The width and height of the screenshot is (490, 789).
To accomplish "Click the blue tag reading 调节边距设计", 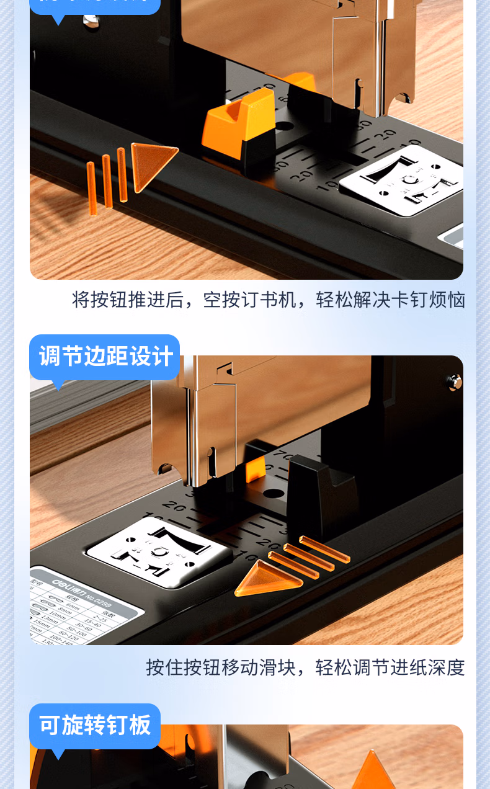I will (105, 357).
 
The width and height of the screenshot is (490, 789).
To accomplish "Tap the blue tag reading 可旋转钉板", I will (95, 725).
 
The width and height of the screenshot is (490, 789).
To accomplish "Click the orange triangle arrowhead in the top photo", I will (151, 163).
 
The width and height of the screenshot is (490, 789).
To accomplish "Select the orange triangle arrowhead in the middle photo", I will (265, 578).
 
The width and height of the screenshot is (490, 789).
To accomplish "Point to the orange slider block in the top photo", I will (240, 123).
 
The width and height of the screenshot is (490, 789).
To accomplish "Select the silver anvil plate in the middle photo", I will (159, 551).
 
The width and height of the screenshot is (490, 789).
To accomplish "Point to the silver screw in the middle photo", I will (454, 380).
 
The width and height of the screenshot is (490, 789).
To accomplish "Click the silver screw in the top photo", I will (92, 21).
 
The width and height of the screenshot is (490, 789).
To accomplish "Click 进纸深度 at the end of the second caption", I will (427, 667).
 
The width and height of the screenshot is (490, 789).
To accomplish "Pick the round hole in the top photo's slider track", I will (285, 126).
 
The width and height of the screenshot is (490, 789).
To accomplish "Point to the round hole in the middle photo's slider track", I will (274, 494).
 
